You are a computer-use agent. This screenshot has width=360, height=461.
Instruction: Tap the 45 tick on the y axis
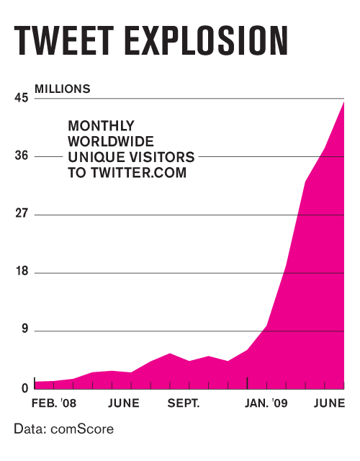(x=21, y=99)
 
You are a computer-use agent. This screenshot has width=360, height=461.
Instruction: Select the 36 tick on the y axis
(x=21, y=156)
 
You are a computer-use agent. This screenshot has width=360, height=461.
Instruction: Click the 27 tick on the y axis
(x=21, y=215)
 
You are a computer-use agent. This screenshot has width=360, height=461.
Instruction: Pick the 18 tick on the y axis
(x=21, y=273)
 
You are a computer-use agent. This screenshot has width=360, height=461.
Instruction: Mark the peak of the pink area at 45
(x=344, y=102)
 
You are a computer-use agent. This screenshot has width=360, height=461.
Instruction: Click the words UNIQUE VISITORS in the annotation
(x=131, y=157)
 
